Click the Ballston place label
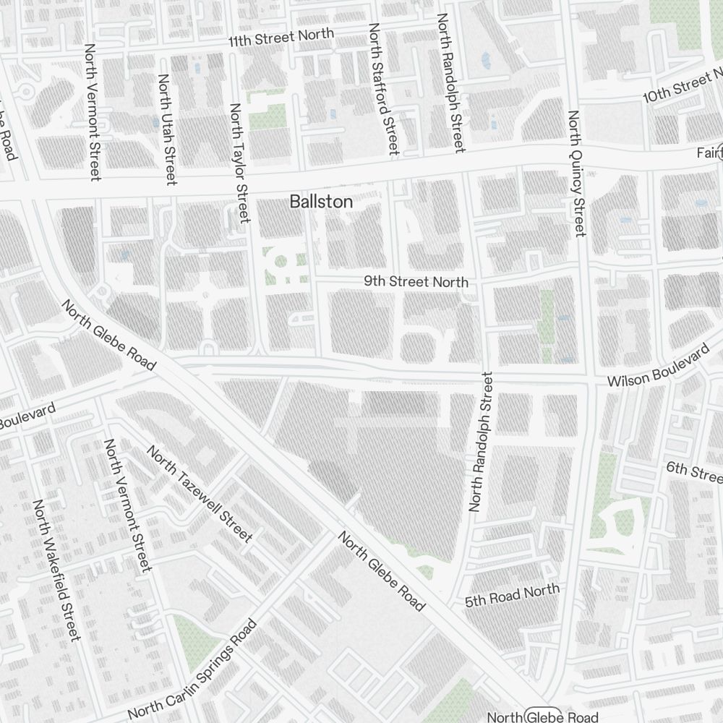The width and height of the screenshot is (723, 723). [x=321, y=202]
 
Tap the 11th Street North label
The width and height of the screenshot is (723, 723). [x=281, y=38]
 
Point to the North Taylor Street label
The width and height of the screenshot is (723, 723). [x=239, y=163]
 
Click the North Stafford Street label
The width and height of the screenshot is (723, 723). [x=383, y=88]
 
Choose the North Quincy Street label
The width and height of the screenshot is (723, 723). [x=576, y=174]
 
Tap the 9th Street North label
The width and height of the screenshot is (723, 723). [x=416, y=281]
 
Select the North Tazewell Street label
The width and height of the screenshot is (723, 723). [x=200, y=494]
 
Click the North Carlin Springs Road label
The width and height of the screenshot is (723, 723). [x=192, y=669]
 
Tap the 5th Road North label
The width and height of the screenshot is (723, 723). [x=513, y=595]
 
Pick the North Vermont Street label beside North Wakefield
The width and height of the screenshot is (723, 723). [x=129, y=504]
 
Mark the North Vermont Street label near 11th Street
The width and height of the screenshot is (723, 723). [x=93, y=111]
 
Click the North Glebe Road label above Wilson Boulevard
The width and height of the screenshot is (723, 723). [x=108, y=336]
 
